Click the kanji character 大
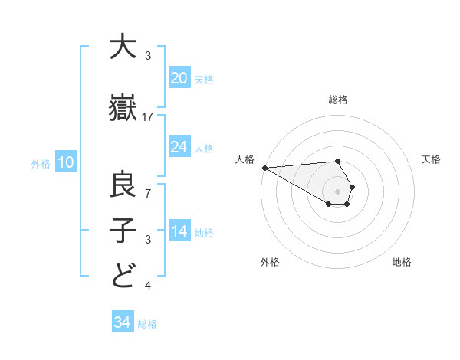[x=123, y=47]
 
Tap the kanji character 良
[x=123, y=185]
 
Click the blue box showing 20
[x=179, y=78]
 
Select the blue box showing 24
[x=179, y=147]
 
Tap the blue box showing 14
[x=179, y=231]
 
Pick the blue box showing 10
[x=66, y=162]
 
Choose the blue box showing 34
[x=123, y=322]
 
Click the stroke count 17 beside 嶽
[x=149, y=117]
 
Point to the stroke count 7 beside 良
[x=148, y=192]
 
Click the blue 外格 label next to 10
[x=41, y=163]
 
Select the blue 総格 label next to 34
[x=147, y=324]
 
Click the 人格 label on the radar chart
[x=245, y=159]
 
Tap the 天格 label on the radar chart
[x=431, y=159]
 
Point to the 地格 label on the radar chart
[x=402, y=262]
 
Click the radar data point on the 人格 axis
[x=264, y=168]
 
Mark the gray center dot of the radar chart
[x=338, y=191]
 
